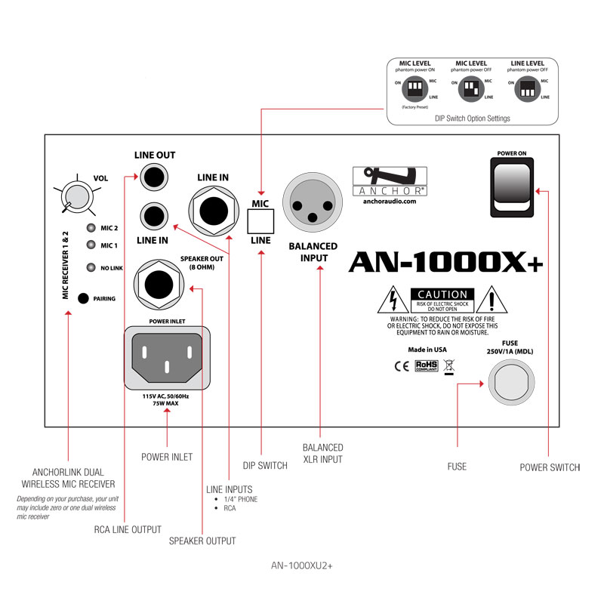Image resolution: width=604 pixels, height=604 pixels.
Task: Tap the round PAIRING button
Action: point(83,297)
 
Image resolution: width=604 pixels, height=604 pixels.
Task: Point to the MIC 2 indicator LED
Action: point(91,228)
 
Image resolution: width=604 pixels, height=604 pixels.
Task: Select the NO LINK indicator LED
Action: point(91,266)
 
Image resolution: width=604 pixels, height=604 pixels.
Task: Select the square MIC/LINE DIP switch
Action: point(260,221)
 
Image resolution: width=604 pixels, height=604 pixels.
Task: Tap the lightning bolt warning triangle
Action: point(393,300)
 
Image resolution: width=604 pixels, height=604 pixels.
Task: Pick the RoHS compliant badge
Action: point(427,366)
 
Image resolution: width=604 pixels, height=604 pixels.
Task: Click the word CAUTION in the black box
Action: point(442,294)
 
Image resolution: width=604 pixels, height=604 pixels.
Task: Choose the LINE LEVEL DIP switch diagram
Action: point(527,90)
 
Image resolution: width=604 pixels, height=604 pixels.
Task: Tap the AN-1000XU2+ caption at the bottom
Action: point(301,565)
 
